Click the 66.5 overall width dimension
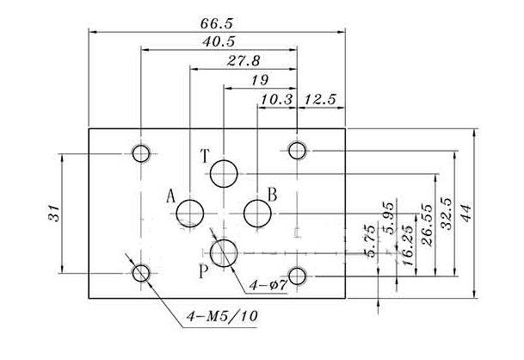coord(216,24)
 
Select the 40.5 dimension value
coord(219,42)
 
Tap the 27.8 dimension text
coord(244,61)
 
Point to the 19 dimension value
coord(260,80)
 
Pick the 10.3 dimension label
coord(277,100)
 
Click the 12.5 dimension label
coord(319,100)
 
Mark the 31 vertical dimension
coord(54,213)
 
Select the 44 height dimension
coord(465,213)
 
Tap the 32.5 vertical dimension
coord(447,214)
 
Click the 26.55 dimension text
coord(427,225)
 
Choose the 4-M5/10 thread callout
coord(222,316)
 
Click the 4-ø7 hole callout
coord(268,285)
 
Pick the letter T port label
coord(205,156)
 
